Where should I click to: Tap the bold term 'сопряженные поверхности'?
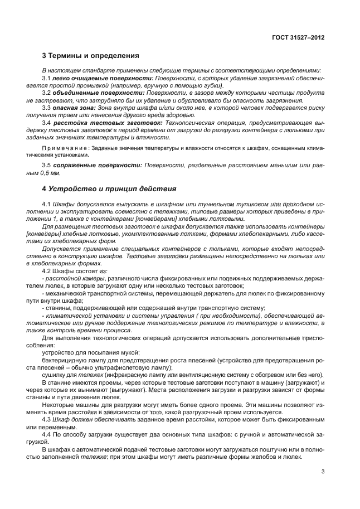(x=98, y=166)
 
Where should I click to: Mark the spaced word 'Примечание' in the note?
(x=64, y=148)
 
